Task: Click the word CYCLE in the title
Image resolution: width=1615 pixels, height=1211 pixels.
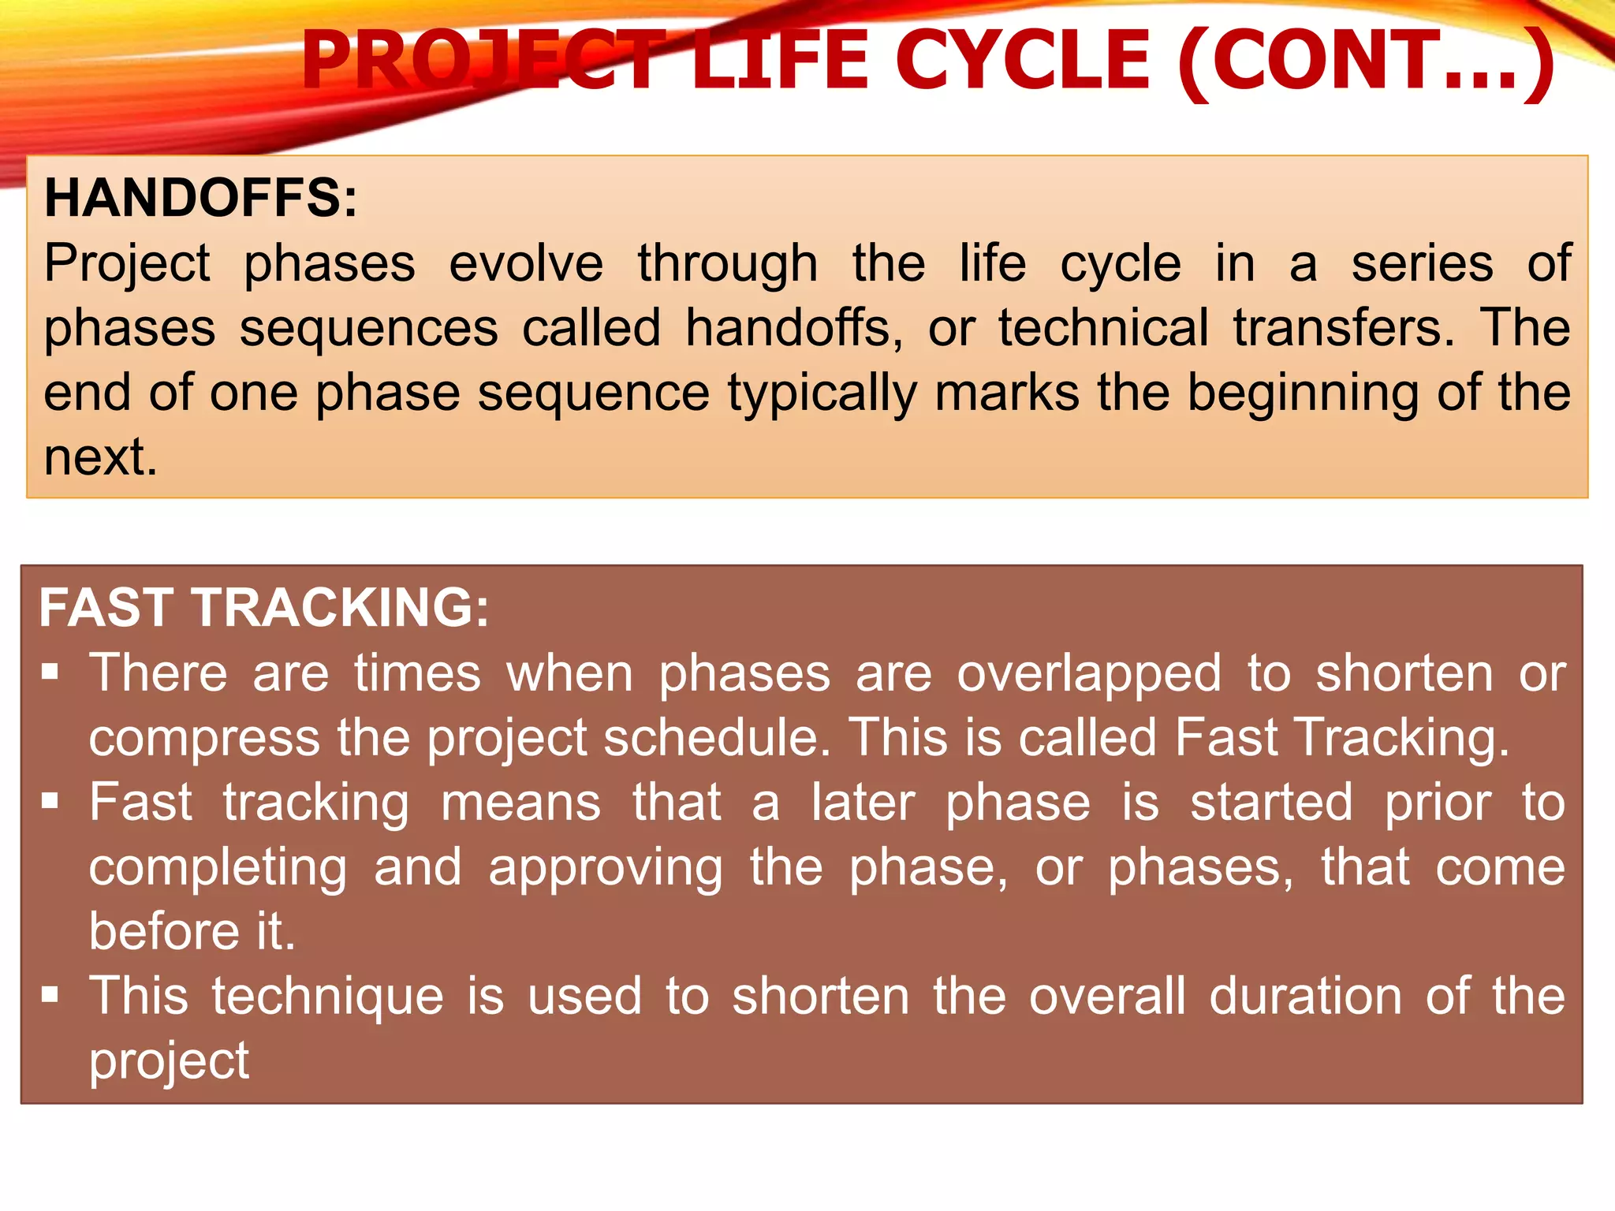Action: click(x=1023, y=61)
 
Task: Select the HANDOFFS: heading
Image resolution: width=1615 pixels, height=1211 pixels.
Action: click(x=201, y=198)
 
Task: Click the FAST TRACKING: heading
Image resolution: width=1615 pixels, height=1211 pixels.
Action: click(x=264, y=608)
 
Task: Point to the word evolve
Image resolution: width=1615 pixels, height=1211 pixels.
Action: click(x=526, y=263)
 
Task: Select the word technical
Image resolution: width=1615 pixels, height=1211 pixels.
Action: click(x=1103, y=328)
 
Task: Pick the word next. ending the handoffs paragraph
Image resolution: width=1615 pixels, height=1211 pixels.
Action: click(x=100, y=457)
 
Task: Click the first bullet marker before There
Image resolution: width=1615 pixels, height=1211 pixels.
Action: click(x=50, y=673)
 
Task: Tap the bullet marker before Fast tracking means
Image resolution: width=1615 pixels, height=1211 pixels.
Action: click(x=50, y=802)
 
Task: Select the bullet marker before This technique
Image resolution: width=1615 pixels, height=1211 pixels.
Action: click(x=50, y=995)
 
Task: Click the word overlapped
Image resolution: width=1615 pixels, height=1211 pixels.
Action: click(x=1090, y=675)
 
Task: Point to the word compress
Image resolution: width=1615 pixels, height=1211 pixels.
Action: click(x=204, y=740)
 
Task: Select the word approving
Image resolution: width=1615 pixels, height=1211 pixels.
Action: click(x=606, y=869)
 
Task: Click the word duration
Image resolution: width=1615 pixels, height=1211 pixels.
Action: click(x=1305, y=997)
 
